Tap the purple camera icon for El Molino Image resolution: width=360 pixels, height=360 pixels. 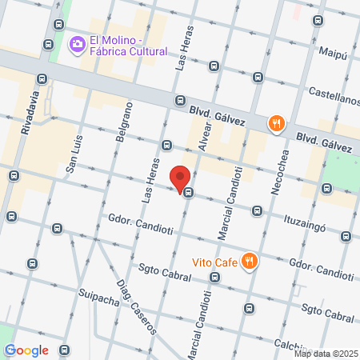coord(78,44)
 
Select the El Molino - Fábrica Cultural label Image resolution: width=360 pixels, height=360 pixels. coord(128,46)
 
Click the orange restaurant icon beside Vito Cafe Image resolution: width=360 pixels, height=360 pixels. coord(250,261)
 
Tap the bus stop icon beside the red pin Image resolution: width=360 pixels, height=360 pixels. coord(188,192)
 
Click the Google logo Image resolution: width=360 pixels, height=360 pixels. coord(26,350)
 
